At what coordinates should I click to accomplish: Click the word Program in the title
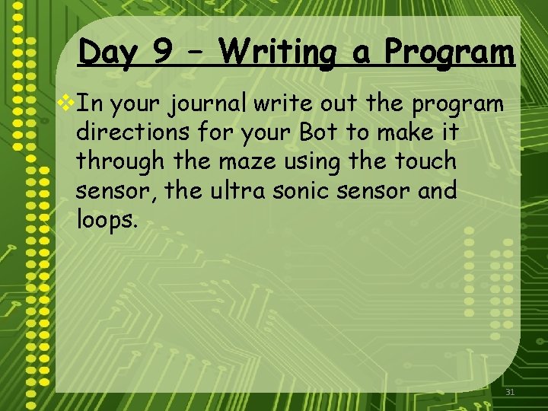pyautogui.click(x=449, y=54)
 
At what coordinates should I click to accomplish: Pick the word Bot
pyautogui.click(x=317, y=132)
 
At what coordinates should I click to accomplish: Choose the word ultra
pyautogui.click(x=246, y=190)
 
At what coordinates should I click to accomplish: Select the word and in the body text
pyautogui.click(x=437, y=190)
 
